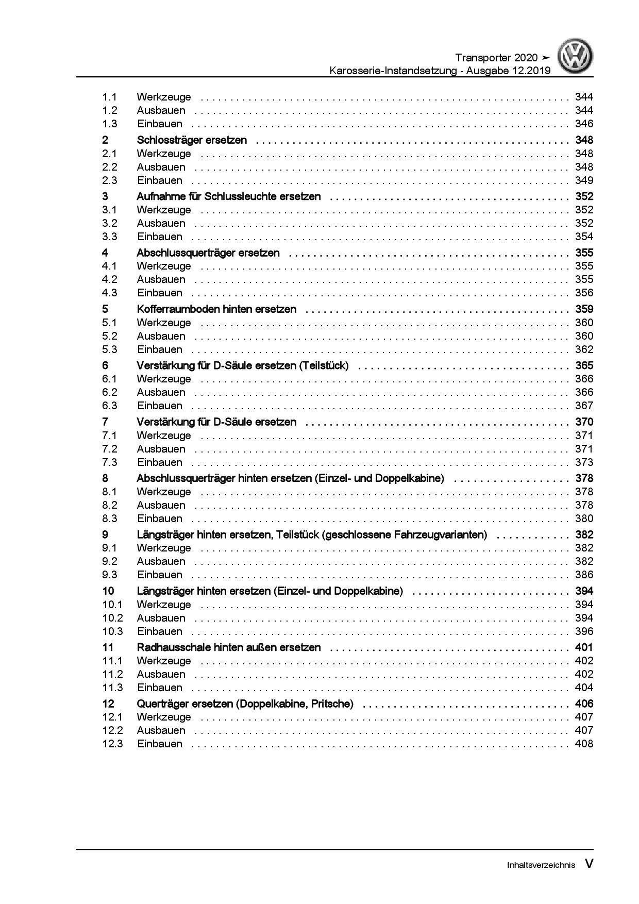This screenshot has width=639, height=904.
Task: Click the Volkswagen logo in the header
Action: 576,57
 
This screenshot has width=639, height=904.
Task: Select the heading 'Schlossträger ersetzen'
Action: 192,140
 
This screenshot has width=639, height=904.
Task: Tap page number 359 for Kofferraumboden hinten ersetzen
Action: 584,309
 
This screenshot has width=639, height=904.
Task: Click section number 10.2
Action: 112,618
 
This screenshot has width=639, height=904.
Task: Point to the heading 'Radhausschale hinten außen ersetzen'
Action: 229,647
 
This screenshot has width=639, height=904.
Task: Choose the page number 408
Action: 584,744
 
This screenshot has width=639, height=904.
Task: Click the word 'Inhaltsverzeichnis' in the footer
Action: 541,865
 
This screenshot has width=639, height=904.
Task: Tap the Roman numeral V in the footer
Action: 588,864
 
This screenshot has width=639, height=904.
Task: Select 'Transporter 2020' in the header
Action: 496,58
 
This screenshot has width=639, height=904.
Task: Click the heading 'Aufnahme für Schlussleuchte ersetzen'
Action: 229,196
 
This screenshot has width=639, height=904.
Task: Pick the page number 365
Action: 584,365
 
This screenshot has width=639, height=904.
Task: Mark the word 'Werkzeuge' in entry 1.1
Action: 164,97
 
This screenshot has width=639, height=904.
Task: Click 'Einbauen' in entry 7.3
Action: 160,462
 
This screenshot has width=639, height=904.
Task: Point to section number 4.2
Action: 110,279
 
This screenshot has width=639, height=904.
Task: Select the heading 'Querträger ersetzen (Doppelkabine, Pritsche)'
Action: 245,704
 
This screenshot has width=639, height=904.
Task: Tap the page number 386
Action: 584,575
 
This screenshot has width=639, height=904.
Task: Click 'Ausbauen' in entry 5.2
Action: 161,336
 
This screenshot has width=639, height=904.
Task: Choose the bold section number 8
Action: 105,478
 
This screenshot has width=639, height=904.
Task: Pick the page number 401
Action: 584,647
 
